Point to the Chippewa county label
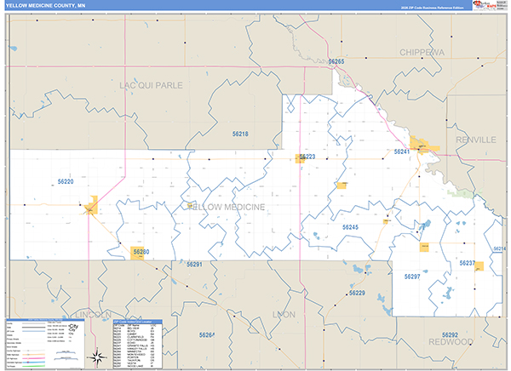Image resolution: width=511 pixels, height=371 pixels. [x=422, y=52]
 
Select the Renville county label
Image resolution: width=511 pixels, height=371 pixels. [x=474, y=139]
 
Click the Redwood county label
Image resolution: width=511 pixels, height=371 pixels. [x=451, y=341]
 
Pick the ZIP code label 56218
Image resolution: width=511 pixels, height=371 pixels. [x=240, y=134]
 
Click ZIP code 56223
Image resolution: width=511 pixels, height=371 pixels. [x=307, y=157]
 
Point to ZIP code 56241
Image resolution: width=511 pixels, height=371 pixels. [x=402, y=151]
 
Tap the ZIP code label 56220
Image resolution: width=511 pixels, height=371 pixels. [x=66, y=182]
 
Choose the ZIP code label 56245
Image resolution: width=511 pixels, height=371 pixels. [x=350, y=227]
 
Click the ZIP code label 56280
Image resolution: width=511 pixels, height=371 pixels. [x=141, y=252]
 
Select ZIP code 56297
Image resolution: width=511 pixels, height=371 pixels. [x=412, y=277]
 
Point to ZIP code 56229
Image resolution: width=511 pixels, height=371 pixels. [x=356, y=293]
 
